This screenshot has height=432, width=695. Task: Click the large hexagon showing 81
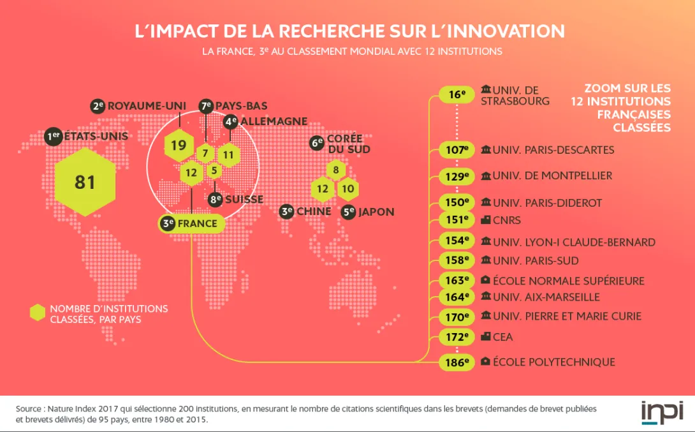(85, 182)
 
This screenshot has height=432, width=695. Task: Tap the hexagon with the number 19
(179, 145)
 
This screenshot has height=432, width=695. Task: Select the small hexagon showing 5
(214, 170)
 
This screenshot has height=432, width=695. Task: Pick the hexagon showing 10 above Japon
(347, 189)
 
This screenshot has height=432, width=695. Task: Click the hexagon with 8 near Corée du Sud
(335, 170)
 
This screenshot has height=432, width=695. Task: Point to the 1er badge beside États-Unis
(54, 136)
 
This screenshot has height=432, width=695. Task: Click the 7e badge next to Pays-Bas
(206, 106)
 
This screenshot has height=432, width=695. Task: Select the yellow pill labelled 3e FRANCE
(191, 223)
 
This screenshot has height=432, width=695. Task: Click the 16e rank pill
(457, 95)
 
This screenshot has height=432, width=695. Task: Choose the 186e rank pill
(457, 362)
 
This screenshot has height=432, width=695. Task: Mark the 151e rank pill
(457, 220)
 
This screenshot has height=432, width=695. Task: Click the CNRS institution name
(507, 220)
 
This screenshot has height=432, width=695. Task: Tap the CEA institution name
(503, 336)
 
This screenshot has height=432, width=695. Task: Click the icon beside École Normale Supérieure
(486, 280)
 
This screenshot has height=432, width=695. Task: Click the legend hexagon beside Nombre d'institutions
(38, 313)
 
